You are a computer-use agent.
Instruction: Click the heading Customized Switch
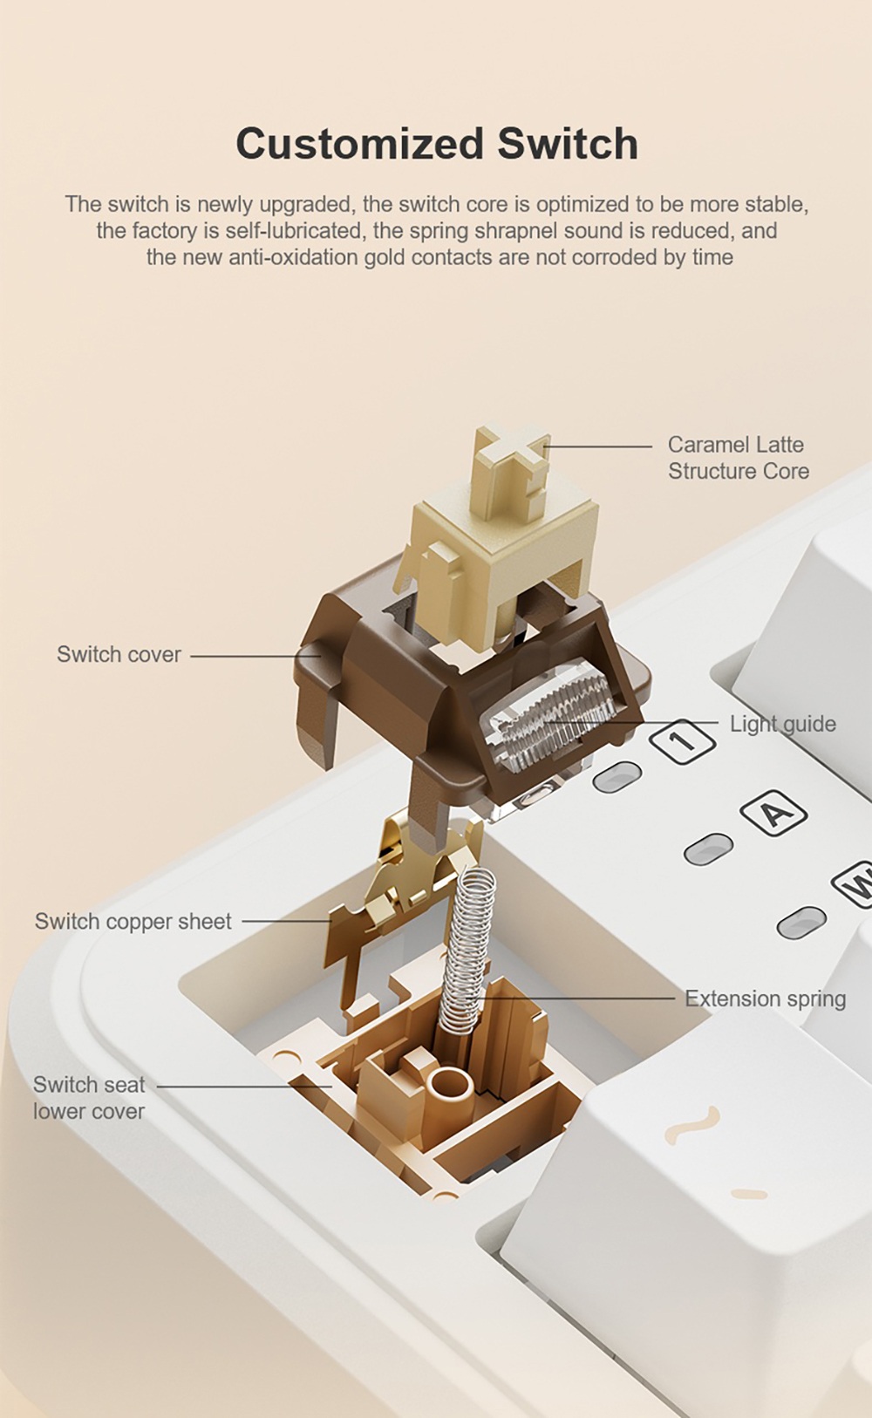[x=437, y=144]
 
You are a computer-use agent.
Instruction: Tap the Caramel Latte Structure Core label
[x=738, y=458]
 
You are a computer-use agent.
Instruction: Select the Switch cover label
[x=119, y=654]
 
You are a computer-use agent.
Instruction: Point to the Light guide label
[x=782, y=724]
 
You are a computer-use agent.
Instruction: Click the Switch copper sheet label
[x=133, y=922]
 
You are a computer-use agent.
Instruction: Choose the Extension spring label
[x=765, y=999]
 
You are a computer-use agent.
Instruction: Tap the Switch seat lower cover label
[x=89, y=1098]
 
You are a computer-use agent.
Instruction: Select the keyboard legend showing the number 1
[x=682, y=742]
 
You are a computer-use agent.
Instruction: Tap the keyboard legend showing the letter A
[x=773, y=813]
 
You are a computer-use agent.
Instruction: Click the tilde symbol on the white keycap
[x=693, y=1125]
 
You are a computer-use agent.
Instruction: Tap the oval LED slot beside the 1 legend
[x=617, y=776]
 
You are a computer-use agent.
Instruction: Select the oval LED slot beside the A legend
[x=708, y=849]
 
